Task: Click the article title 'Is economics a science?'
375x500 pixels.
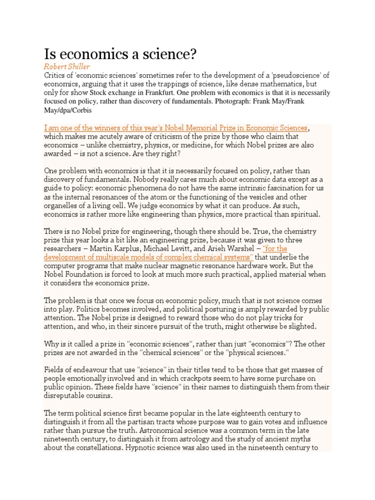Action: tap(120, 54)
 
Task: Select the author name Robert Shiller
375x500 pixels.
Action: tap(67, 66)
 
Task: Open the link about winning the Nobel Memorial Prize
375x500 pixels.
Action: tap(176, 128)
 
